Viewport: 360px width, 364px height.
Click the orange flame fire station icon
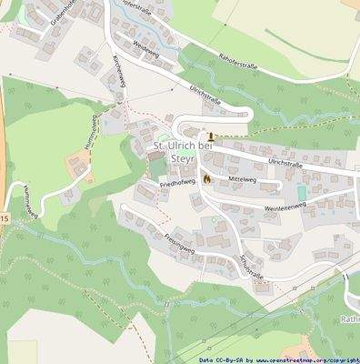pyautogui.click(x=207, y=179)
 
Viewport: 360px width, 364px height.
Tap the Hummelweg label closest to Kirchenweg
pyautogui.click(x=91, y=133)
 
